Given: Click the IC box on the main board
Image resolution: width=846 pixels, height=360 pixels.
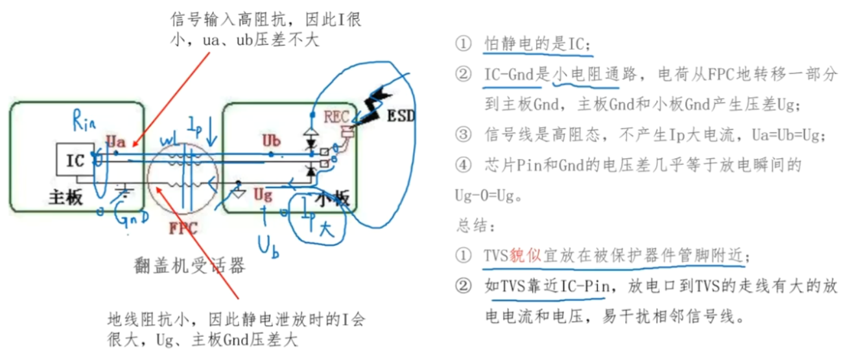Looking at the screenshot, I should click(76, 160).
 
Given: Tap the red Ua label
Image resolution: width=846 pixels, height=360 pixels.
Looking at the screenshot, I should click(115, 139).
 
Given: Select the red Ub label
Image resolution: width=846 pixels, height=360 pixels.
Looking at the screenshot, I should click(272, 140).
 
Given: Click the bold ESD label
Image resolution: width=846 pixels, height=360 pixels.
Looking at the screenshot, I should click(401, 117).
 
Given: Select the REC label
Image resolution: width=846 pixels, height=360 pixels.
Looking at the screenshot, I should click(336, 117).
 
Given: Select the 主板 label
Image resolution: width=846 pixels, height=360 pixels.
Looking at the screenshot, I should click(66, 198).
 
